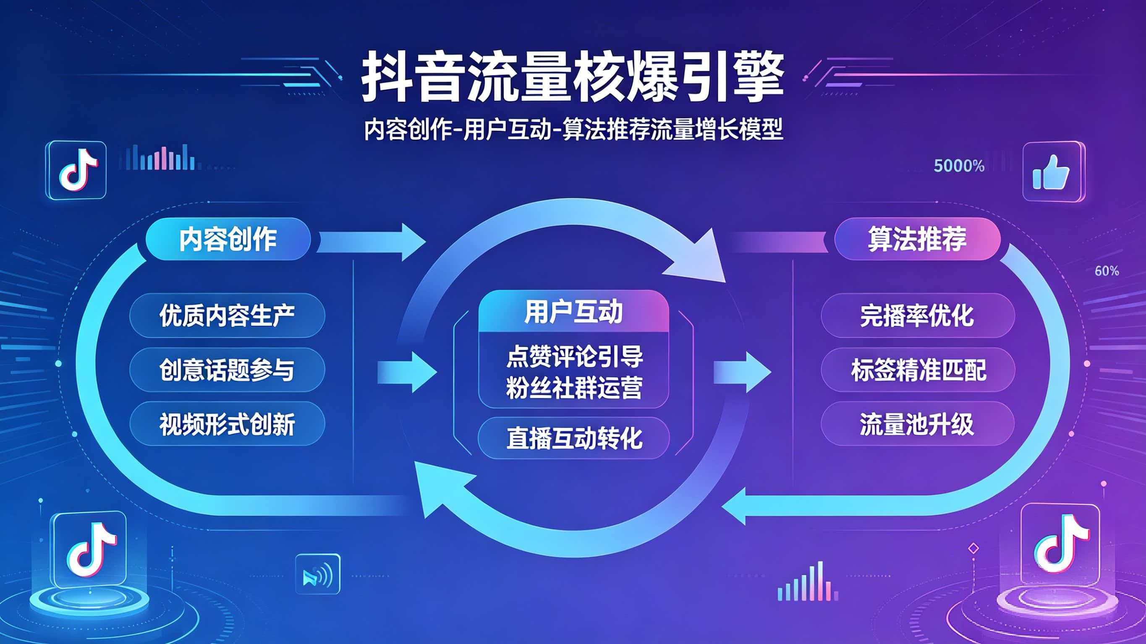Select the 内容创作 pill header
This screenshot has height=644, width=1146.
(x=228, y=239)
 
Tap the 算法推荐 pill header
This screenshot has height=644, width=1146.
(x=917, y=239)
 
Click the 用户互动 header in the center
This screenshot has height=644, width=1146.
(x=573, y=311)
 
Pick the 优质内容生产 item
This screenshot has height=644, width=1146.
(x=227, y=315)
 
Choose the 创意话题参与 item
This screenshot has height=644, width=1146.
(x=227, y=370)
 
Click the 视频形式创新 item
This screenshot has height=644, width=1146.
(x=227, y=424)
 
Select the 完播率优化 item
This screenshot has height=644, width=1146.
(x=917, y=315)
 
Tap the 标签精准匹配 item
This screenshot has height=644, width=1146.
(x=918, y=370)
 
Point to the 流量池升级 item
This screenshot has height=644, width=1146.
(x=917, y=424)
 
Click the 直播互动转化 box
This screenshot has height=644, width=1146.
(x=573, y=438)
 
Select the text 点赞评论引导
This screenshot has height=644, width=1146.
(x=574, y=356)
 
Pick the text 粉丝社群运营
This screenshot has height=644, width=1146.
(x=574, y=387)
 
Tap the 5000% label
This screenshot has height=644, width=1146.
(x=959, y=166)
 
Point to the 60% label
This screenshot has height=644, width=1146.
(x=1107, y=271)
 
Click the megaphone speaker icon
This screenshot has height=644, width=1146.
(x=317, y=574)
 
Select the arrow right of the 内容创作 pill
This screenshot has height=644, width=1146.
(x=372, y=242)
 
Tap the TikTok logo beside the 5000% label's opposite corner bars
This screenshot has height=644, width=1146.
(x=76, y=170)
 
